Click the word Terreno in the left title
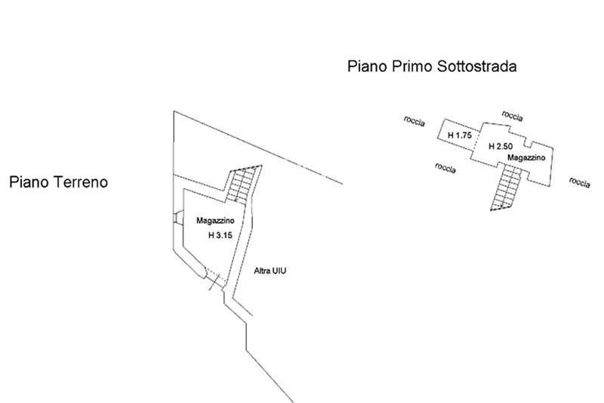point(81,182)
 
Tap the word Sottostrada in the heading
point(477,66)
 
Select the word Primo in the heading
point(412,66)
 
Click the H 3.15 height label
point(220,235)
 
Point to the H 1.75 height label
point(460,135)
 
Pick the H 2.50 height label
point(501,146)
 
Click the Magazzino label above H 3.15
point(215,221)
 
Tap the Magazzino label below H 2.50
point(526,157)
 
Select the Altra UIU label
point(270,271)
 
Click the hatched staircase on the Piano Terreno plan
point(243,184)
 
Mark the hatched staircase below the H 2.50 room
point(506,188)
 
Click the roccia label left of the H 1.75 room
point(414,121)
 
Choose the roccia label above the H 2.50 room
point(513,116)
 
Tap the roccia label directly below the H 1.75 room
point(445,168)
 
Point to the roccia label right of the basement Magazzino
point(580,182)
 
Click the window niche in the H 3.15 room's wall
point(178,218)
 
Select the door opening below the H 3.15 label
point(215,278)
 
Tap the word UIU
point(279,271)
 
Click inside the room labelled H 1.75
point(459,135)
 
